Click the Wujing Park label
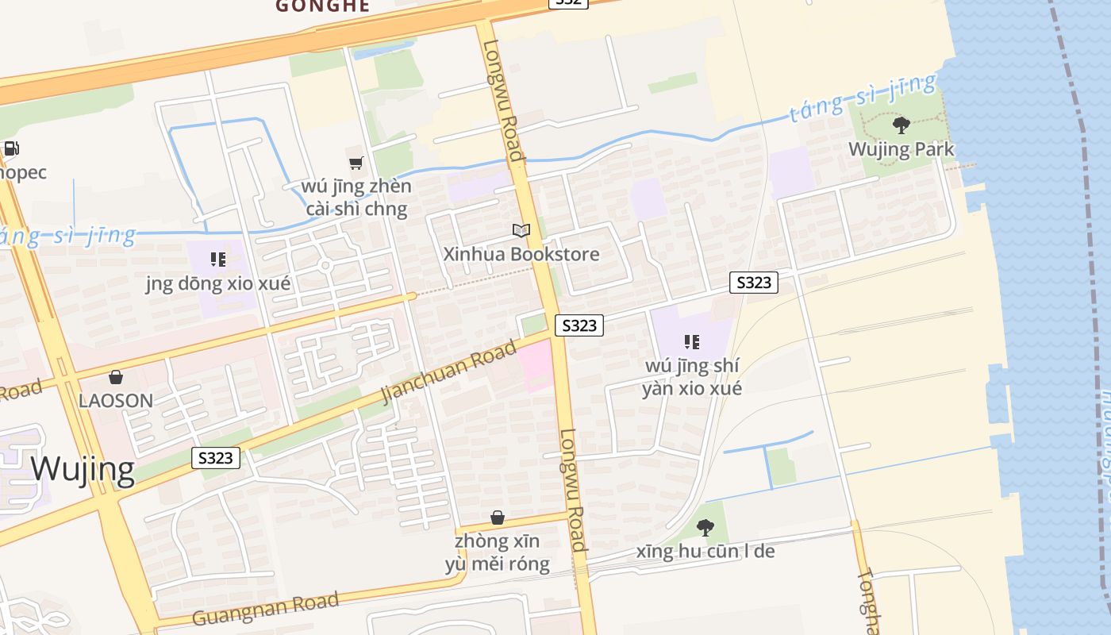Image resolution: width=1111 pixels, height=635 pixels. pos(901,149)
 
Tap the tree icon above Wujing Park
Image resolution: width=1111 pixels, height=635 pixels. pos(901,125)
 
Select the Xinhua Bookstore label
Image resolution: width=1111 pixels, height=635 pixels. pos(521,254)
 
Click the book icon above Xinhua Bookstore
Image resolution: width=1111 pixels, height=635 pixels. pos(521,231)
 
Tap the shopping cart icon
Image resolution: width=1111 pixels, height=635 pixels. pos(356,163)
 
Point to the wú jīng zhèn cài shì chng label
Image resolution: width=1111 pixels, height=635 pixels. pos(356,198)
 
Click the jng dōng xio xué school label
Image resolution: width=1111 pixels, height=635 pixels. pos(218,283)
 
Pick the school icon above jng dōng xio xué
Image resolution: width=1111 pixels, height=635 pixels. pos(218,260)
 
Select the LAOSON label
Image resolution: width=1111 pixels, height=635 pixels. pos(116,401)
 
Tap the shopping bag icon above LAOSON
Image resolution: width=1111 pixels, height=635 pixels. pos(116,377)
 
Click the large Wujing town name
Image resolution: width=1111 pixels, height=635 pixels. pos(83,469)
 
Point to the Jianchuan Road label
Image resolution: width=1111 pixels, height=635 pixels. pos(448,371)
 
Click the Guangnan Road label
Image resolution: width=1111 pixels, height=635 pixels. pos(266,607)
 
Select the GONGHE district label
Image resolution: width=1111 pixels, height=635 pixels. pos(322,6)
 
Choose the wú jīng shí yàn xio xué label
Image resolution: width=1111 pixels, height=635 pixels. pos(692,377)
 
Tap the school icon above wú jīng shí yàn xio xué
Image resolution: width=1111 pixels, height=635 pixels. pos(692,342)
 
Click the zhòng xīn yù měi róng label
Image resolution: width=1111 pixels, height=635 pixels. pos(498,552)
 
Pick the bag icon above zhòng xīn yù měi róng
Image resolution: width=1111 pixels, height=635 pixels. pos(498,518)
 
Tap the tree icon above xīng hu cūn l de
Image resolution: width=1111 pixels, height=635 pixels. pos(705,528)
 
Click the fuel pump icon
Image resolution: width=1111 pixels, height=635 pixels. pos(11,148)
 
